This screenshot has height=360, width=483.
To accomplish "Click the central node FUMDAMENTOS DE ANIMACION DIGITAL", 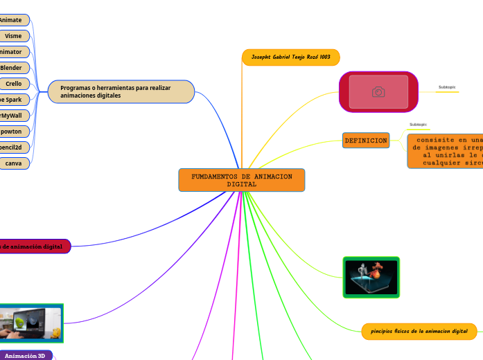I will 241,180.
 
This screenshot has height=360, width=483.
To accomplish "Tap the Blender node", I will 12,67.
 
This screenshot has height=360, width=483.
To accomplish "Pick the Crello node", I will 14,84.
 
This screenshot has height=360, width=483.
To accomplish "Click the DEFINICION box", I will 365,141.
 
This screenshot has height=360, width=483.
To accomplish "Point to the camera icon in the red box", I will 378,92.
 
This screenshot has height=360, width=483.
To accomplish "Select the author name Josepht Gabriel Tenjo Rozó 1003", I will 290,57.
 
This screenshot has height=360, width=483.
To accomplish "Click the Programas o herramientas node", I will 121,91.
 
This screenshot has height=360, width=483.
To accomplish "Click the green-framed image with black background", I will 371,278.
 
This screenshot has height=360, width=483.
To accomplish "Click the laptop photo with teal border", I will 30,323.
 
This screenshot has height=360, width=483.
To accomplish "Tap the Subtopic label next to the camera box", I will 447,87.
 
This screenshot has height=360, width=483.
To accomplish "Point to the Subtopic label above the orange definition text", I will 418,125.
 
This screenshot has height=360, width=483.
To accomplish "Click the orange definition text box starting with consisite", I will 447,150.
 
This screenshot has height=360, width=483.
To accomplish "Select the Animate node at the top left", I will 12,20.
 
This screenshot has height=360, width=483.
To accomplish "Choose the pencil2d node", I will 12,147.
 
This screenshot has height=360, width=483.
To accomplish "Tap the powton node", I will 12,132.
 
